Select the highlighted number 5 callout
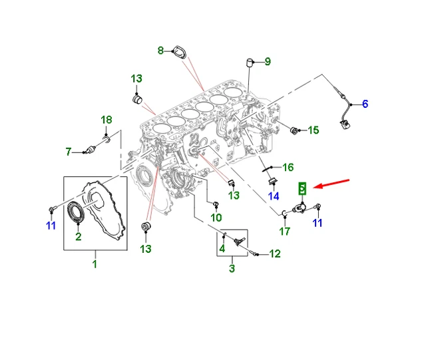(302, 189)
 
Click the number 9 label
(267, 62)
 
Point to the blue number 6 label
(364, 104)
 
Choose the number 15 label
(314, 130)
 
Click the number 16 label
(288, 167)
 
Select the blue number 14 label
(274, 196)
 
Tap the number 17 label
(284, 232)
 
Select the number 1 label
(94, 264)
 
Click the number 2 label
(78, 237)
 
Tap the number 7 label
(68, 152)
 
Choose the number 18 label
(106, 120)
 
